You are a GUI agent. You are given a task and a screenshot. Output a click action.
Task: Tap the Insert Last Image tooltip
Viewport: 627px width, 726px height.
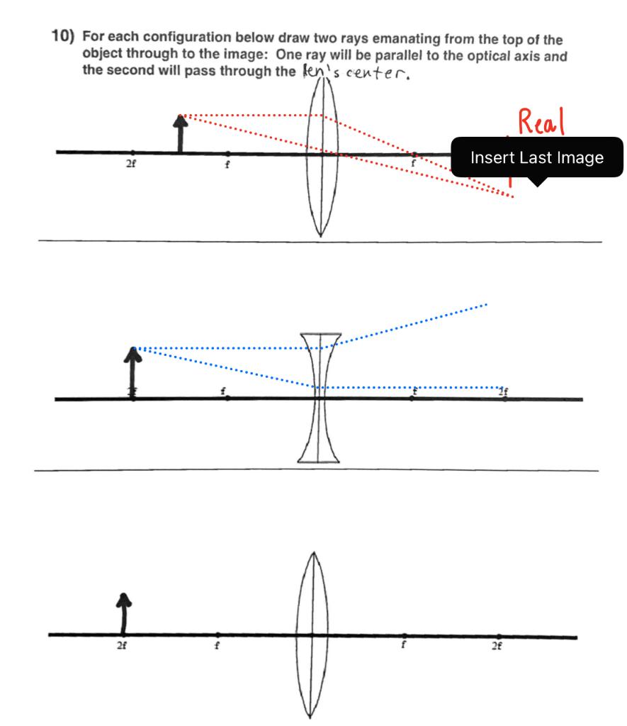(x=537, y=157)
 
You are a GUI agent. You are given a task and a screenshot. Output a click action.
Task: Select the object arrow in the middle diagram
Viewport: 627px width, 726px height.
(x=133, y=372)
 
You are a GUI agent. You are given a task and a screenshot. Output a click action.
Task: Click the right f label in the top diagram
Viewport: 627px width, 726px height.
(x=414, y=163)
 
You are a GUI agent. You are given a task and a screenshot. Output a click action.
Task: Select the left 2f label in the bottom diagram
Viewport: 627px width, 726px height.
(x=123, y=645)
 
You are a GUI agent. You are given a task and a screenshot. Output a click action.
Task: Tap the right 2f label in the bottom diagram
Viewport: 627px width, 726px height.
(x=499, y=645)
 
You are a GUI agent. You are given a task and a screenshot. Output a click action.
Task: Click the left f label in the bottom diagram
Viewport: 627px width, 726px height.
(x=218, y=645)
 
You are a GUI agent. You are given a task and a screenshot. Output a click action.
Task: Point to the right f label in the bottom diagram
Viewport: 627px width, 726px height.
(x=405, y=645)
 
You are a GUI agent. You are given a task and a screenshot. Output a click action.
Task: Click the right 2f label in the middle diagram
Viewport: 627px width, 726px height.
(x=503, y=391)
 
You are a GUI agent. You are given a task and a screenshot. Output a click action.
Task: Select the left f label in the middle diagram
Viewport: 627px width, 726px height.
(x=223, y=391)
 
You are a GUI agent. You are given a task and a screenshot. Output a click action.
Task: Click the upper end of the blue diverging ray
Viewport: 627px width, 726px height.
(x=487, y=304)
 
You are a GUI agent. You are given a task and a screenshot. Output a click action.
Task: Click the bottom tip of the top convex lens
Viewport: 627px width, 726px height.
(x=320, y=235)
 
